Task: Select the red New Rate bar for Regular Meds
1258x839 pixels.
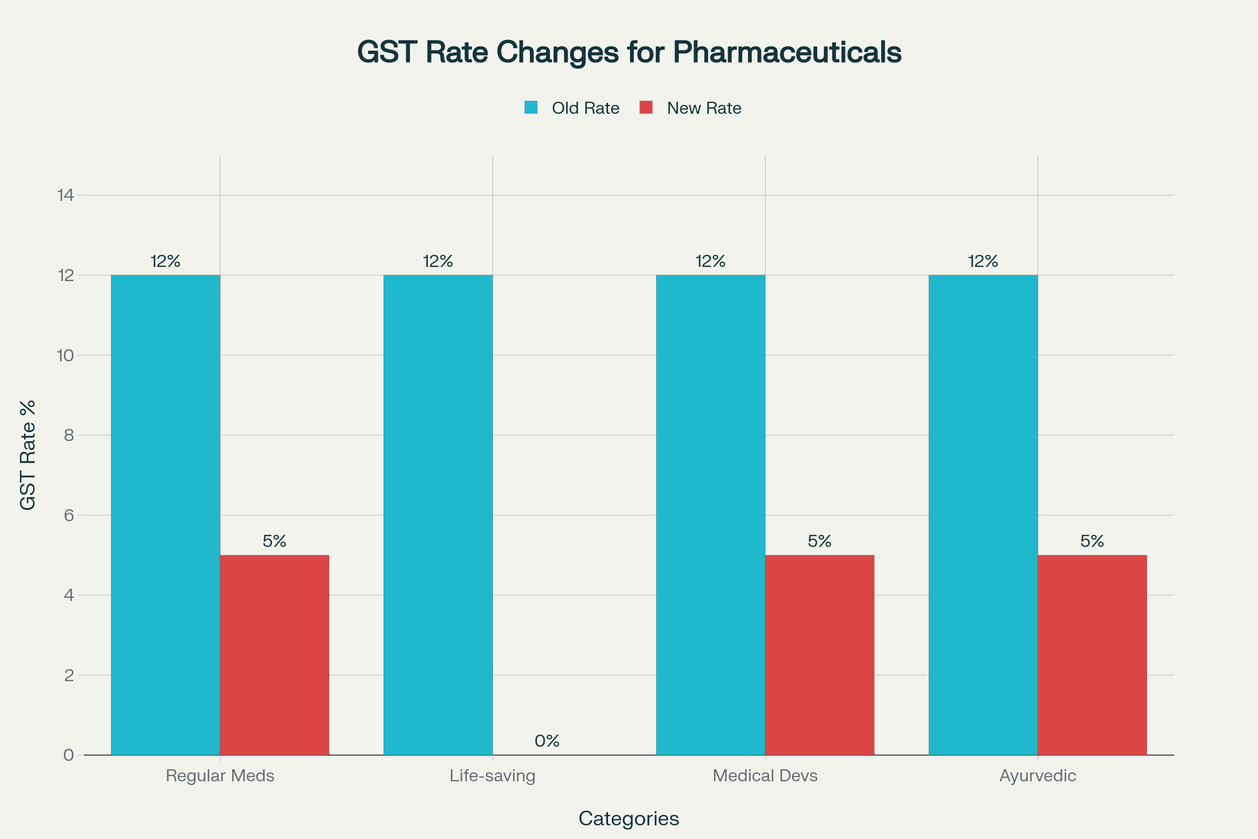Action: click(x=274, y=655)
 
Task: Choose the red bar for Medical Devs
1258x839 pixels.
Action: click(x=819, y=655)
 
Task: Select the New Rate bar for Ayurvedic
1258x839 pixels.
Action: click(x=1092, y=655)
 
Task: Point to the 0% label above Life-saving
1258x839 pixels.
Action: click(x=547, y=741)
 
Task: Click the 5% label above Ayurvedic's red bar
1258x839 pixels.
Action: click(x=1092, y=542)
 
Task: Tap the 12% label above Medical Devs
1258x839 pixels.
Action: click(x=710, y=261)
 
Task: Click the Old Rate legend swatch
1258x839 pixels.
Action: click(x=530, y=107)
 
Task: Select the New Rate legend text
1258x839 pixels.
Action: click(x=704, y=108)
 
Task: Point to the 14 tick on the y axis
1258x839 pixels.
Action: click(x=65, y=195)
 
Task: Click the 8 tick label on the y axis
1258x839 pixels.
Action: click(x=69, y=435)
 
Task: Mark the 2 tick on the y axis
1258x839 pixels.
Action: click(x=69, y=675)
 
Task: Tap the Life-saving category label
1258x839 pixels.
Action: click(x=492, y=776)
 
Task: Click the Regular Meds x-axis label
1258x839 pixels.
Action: click(x=220, y=776)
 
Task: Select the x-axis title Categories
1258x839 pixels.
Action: click(x=628, y=819)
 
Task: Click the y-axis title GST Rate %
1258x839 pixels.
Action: click(x=27, y=455)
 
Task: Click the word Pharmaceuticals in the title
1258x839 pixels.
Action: click(x=787, y=52)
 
